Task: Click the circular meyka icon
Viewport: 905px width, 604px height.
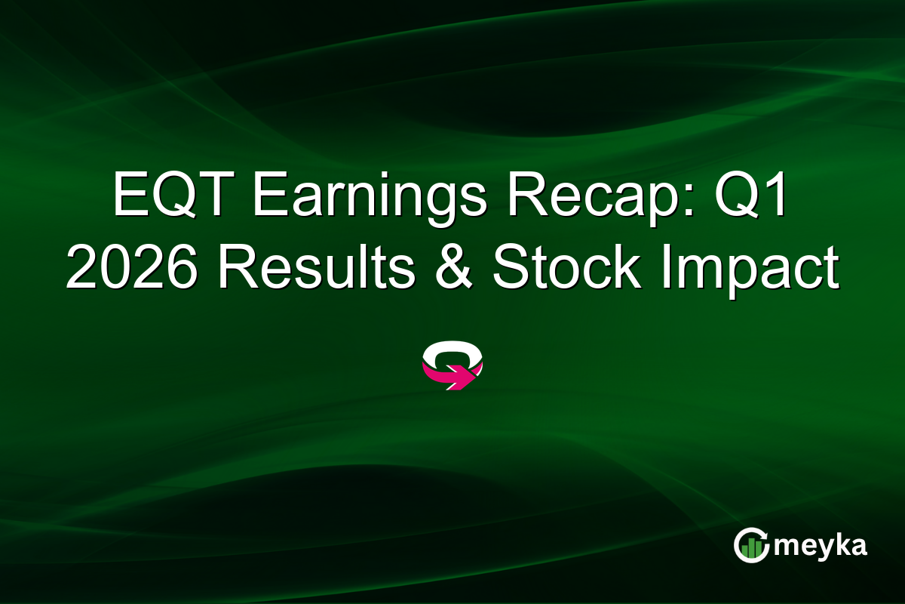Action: (751, 545)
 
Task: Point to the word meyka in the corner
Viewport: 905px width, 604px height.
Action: (821, 546)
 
